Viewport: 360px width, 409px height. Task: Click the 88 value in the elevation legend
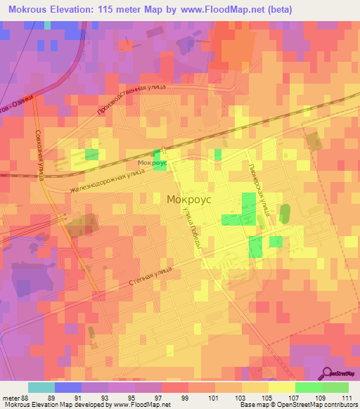click(x=20, y=398)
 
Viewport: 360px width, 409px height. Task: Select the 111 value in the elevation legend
click(x=346, y=398)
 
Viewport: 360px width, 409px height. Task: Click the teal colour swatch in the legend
click(x=41, y=387)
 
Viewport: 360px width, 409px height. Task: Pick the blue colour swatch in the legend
click(x=67, y=387)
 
